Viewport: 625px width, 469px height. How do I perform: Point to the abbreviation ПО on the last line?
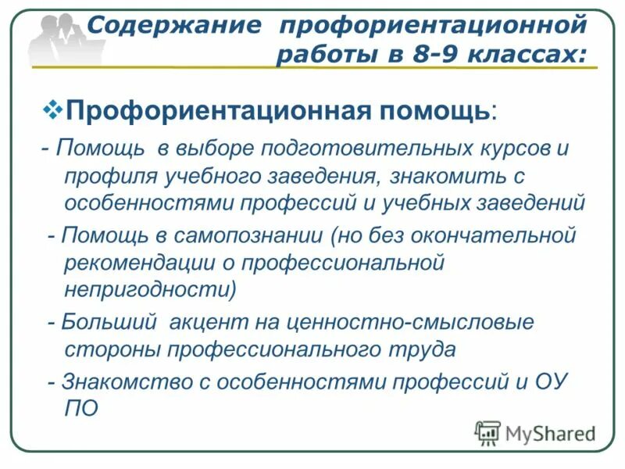coord(80,409)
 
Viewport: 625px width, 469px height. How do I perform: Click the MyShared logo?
coord(534,432)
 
